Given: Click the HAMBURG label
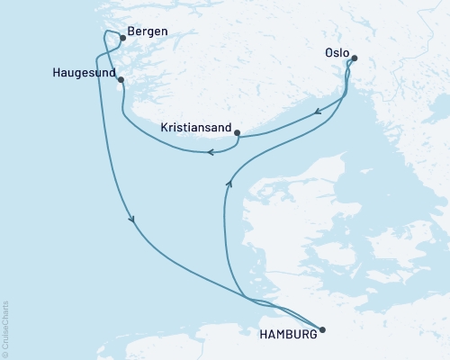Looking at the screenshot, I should (288, 335).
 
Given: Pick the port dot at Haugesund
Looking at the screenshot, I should (120, 81).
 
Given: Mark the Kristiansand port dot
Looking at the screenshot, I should (237, 133).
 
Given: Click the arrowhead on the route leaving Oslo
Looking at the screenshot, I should (318, 113).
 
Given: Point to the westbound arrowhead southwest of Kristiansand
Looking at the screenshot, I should (210, 153).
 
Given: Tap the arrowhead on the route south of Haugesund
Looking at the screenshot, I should (132, 219).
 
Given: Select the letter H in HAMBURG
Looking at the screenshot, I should (263, 335).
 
